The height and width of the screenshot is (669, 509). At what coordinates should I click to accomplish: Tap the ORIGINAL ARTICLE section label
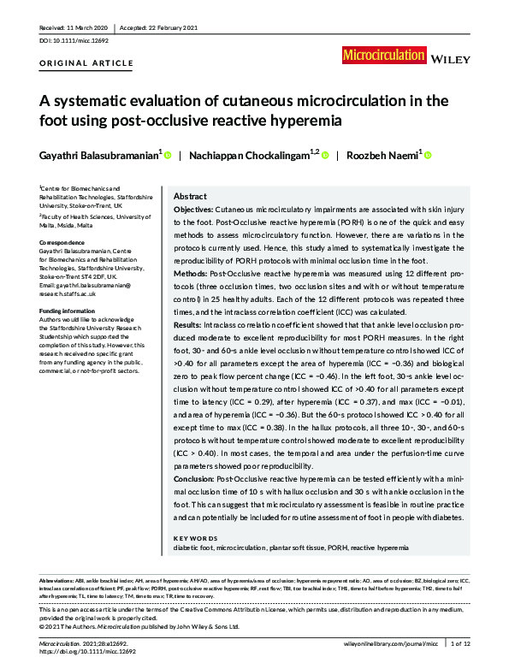coord(86,63)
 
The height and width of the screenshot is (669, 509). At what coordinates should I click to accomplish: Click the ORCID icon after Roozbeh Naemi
coord(428,156)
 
